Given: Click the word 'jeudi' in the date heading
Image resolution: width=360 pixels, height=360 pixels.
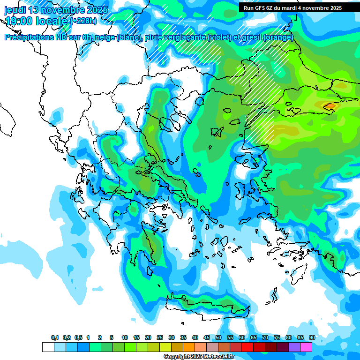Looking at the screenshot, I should click(x=15, y=10).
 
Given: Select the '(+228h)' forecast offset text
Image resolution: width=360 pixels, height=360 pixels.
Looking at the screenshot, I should click(x=83, y=21).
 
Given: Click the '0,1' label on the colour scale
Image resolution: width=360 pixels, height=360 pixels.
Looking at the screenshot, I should click(x=54, y=337).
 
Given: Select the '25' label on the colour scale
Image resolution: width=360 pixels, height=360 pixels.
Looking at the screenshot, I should click(x=160, y=337).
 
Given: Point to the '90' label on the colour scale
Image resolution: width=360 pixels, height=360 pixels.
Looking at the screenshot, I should click(x=312, y=337).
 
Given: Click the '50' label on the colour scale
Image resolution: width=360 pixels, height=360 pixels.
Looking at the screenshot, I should click(x=218, y=337).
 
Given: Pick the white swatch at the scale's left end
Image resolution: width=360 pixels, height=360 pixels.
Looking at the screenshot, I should click(x=48, y=347).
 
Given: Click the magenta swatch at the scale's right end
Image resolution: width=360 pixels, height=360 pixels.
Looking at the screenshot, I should click(x=306, y=347).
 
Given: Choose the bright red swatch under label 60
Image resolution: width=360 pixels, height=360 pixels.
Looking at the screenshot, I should click(x=247, y=347).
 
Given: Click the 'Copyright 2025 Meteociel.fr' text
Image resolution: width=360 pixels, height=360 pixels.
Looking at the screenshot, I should click(x=198, y=357).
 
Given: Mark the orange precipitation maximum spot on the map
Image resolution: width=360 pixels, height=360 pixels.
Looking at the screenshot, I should click(x=330, y=106).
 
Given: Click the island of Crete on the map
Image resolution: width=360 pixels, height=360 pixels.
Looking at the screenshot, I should click(x=206, y=305).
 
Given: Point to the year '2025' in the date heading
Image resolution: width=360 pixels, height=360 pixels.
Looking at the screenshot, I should click(x=97, y=10).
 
